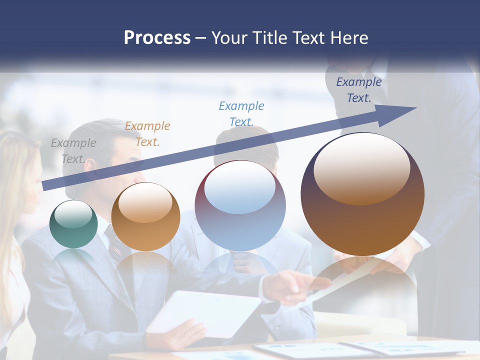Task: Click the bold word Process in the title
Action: click(x=157, y=38)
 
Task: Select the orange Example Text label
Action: click(x=147, y=134)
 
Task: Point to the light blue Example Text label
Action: click(x=241, y=113)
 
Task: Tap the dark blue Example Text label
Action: click(x=359, y=90)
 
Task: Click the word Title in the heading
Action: click(x=269, y=38)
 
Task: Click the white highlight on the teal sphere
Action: click(x=73, y=214)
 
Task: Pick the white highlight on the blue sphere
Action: click(x=240, y=188)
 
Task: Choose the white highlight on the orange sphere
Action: click(x=145, y=202)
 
